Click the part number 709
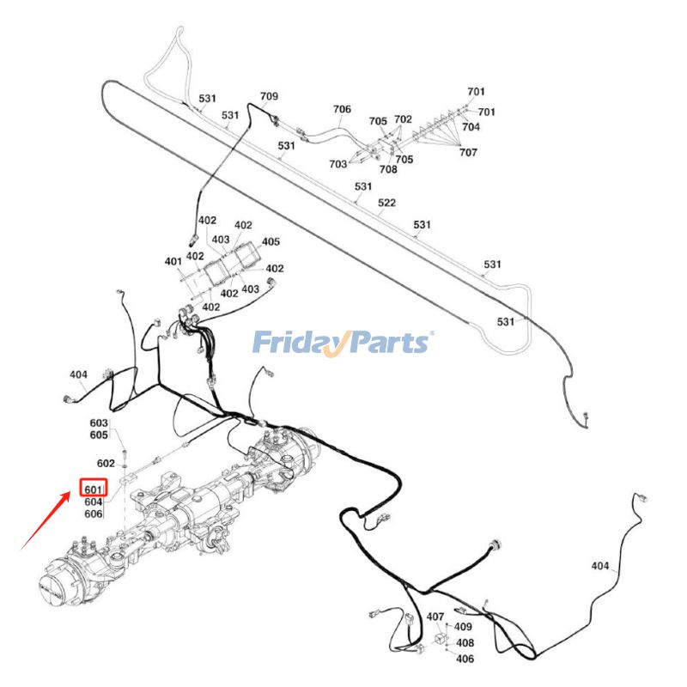pos(269,97)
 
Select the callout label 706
pos(342,110)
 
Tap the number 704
pos(471,127)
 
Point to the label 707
pos(468,153)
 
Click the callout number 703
pos(337,164)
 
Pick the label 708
pos(389,170)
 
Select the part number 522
pos(387,203)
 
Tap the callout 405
pos(271,242)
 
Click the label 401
pos(173,261)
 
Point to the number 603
pos(99,423)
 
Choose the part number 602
pos(105,464)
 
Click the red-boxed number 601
pos(94,489)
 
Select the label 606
pos(94,514)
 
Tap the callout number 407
pos(435,617)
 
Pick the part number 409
pos(464,628)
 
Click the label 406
pos(465,659)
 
